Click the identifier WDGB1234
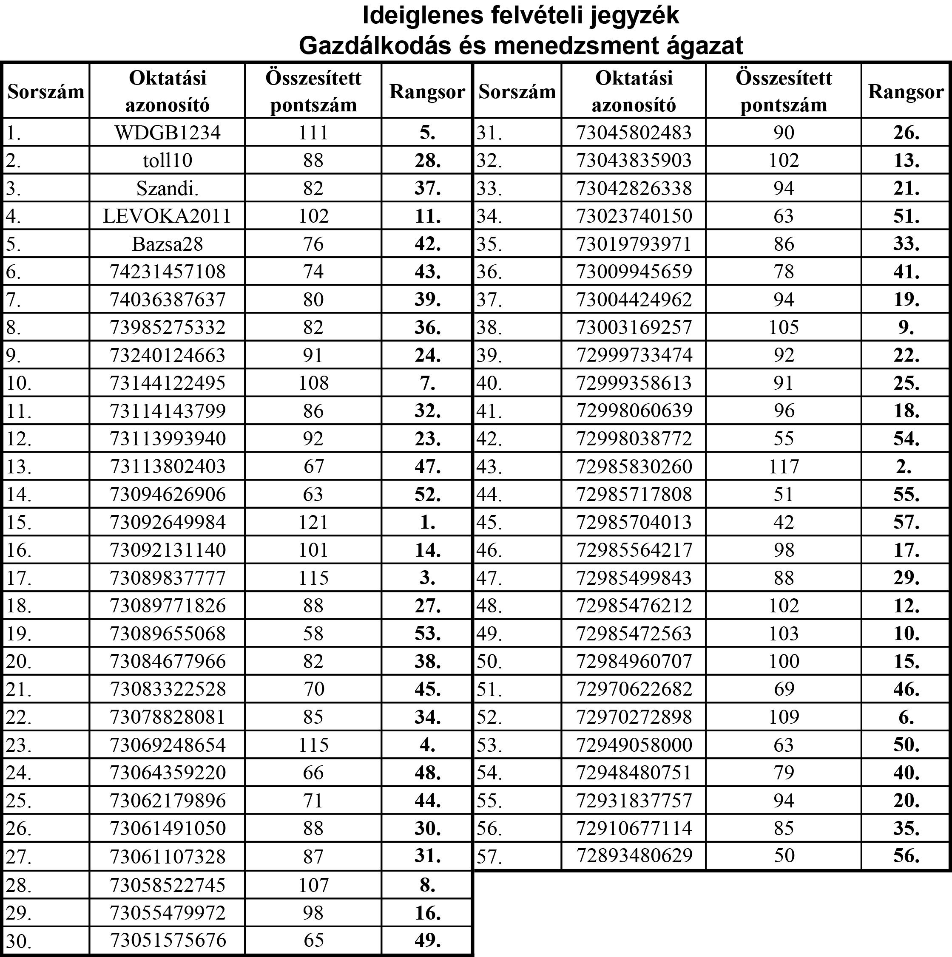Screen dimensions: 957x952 coord(168,133)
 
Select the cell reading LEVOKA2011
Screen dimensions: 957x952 coord(168,216)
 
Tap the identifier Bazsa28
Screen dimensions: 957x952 coord(168,243)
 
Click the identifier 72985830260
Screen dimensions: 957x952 coord(634,466)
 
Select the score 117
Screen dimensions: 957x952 coord(784,466)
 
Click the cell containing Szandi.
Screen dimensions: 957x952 coord(168,188)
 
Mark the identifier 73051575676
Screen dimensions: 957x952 coord(168,940)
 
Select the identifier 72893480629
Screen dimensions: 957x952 coord(634,855)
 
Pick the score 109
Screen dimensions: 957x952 coord(784,717)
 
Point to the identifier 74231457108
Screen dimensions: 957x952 coord(168,272)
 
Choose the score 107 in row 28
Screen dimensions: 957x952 coord(313,885)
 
